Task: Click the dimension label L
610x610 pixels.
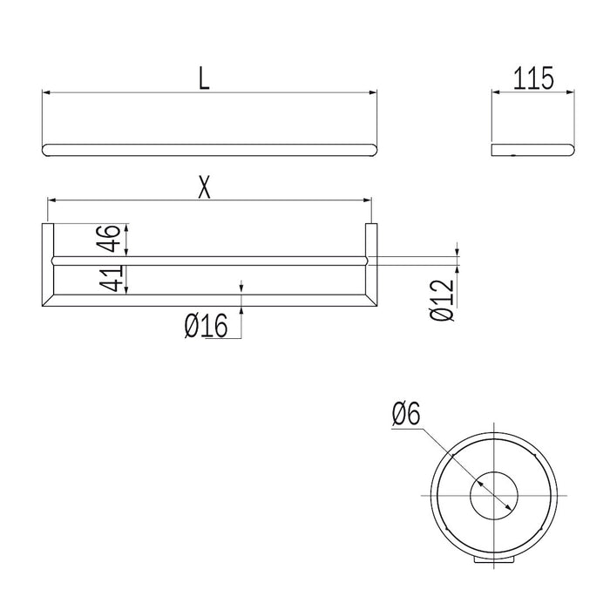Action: point(204,80)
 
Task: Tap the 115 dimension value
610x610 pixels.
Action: point(533,79)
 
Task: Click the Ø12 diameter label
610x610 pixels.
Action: point(443,299)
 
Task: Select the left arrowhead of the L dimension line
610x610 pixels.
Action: point(46,91)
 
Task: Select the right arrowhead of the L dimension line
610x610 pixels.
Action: point(374,91)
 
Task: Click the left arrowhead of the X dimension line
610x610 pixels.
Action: point(51,200)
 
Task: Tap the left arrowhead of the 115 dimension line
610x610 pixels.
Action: point(495,91)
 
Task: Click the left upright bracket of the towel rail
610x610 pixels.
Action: point(49,261)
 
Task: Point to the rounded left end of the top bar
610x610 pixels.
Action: point(47,150)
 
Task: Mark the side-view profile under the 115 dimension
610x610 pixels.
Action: point(532,150)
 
